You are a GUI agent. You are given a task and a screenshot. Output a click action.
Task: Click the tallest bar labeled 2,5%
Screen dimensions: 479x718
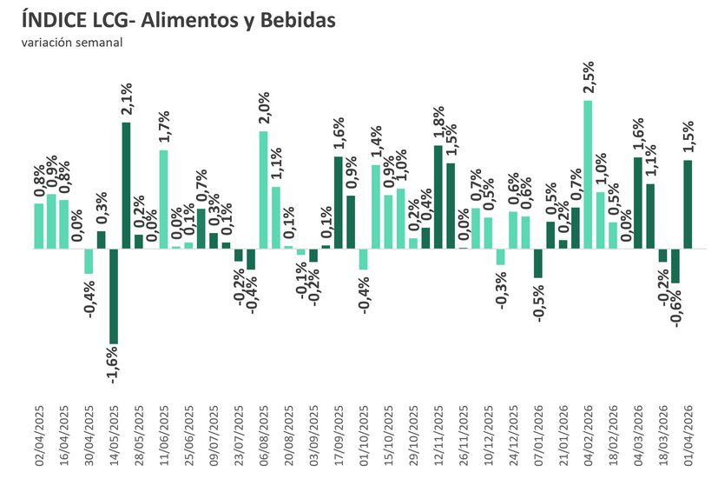click(588, 174)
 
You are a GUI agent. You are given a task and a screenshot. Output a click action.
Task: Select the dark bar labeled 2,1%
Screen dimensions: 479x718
click(126, 184)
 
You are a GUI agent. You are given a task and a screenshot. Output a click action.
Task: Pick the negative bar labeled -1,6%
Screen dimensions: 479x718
click(114, 296)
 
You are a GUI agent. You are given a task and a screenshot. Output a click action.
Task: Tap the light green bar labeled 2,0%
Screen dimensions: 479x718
click(264, 190)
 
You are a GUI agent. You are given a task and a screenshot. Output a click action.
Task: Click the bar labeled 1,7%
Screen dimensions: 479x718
click(163, 199)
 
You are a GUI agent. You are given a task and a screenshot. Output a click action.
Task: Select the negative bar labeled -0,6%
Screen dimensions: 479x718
click(675, 265)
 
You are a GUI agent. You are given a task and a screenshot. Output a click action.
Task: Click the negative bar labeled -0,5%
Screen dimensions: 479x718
click(538, 263)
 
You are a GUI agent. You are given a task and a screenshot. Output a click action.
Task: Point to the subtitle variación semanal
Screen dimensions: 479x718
click(72, 42)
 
